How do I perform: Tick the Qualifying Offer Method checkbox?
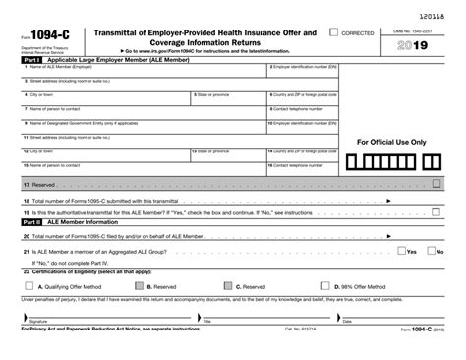pyautogui.click(x=28, y=286)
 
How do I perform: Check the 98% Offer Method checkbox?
pyautogui.click(x=327, y=286)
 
